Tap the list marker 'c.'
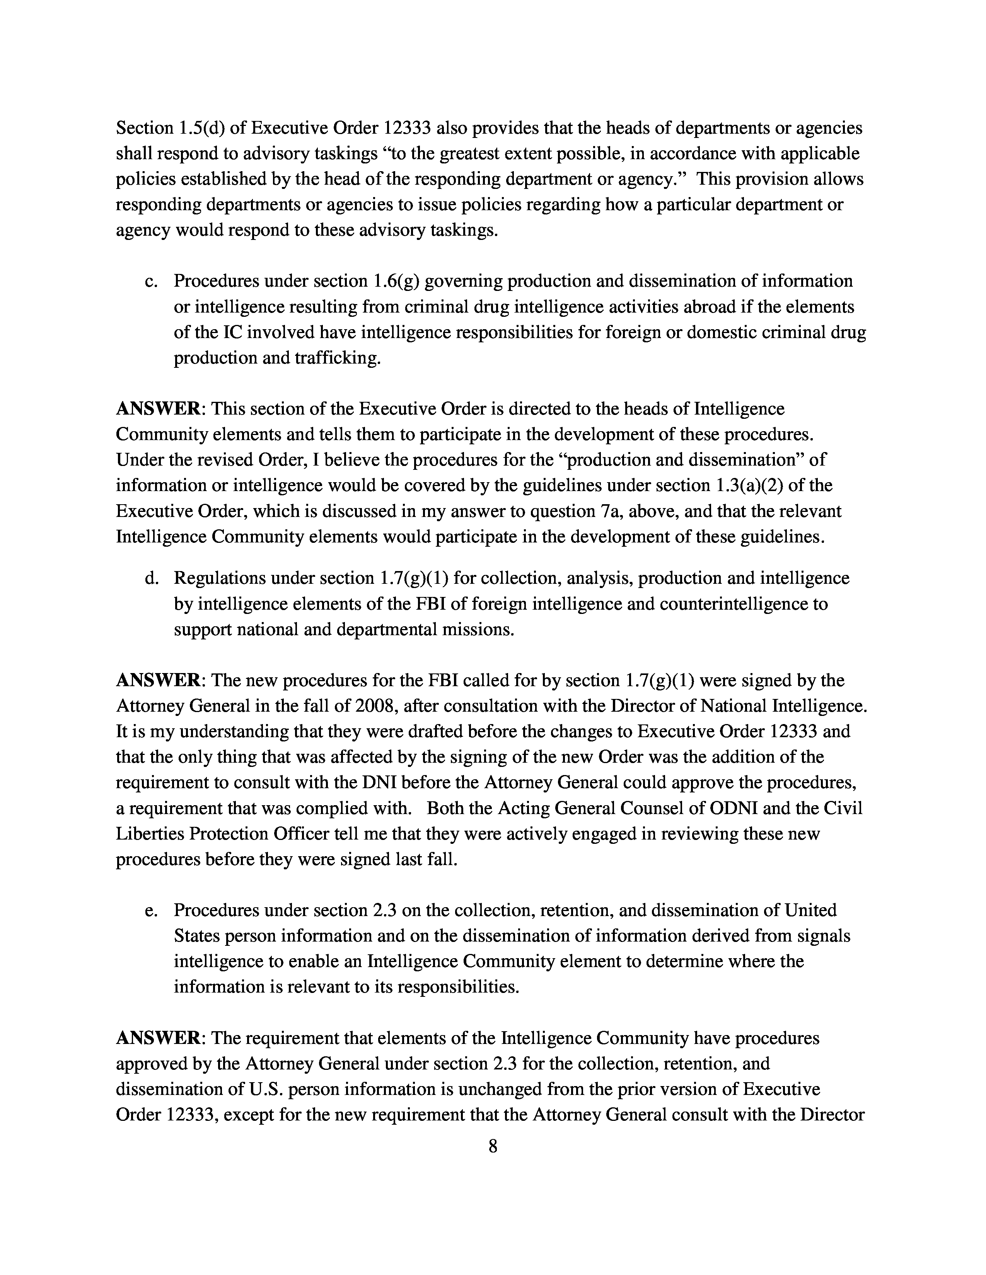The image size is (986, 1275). tap(151, 281)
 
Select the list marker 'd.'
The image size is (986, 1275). tap(151, 578)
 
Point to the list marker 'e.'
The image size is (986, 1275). tap(151, 910)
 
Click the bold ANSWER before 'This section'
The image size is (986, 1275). tap(158, 409)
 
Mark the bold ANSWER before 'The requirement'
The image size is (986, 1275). tap(158, 1038)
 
